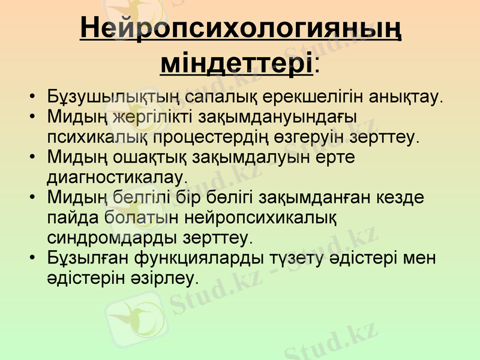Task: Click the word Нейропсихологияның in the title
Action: (x=241, y=28)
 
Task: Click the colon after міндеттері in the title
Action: (x=316, y=64)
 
